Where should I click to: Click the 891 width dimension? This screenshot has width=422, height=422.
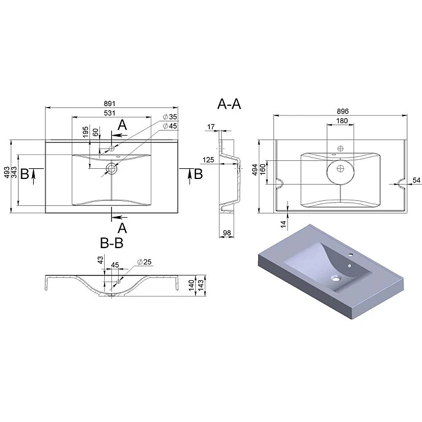point(110,104)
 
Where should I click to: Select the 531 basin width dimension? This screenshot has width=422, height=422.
point(110,113)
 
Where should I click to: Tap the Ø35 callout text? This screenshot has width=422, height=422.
point(170,117)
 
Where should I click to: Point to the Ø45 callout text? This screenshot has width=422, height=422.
point(170,126)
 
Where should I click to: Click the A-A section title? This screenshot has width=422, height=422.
point(229,104)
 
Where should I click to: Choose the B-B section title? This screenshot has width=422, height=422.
point(112,243)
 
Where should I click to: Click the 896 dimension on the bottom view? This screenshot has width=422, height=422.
point(343,111)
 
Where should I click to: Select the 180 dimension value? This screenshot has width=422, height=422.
point(342,121)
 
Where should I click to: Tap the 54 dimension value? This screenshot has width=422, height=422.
point(416,180)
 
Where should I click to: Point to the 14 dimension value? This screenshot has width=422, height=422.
point(284,224)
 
